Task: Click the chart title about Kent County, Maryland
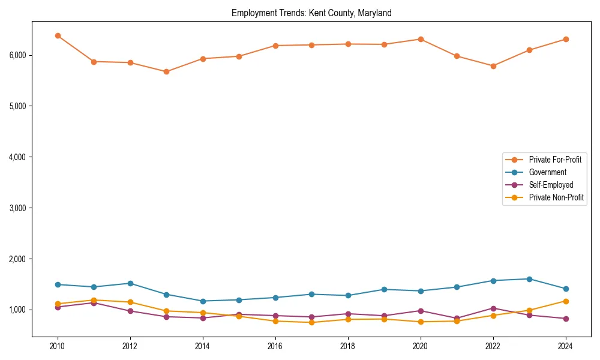point(311,13)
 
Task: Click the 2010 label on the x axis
point(58,346)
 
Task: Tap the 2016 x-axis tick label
point(275,346)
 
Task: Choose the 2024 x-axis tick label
point(565,346)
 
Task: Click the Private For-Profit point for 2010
point(58,36)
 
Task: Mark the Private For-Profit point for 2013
point(166,71)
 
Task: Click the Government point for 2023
point(529,279)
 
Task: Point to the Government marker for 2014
point(203,301)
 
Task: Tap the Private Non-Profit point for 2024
point(565,301)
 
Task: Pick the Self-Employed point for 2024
point(565,319)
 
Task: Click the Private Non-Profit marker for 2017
point(311,322)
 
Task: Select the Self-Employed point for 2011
point(94,303)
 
